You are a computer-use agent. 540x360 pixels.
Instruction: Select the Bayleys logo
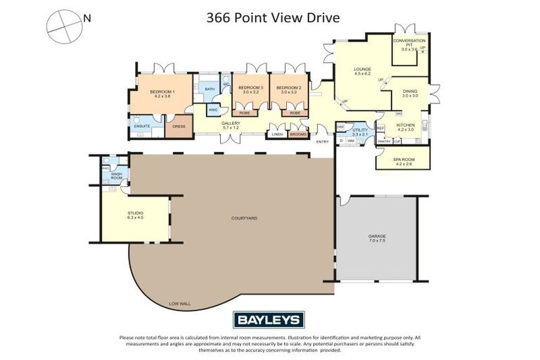[x=270, y=320]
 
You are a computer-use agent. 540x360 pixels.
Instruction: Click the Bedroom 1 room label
[x=162, y=93]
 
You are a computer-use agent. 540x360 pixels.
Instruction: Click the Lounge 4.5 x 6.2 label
[x=362, y=71]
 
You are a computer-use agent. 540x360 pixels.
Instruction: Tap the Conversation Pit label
[x=409, y=44]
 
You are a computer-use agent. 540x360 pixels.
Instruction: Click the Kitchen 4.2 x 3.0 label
[x=406, y=127]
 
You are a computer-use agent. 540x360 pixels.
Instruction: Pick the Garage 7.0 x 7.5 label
[x=378, y=238]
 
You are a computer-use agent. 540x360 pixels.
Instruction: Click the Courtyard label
[x=244, y=219]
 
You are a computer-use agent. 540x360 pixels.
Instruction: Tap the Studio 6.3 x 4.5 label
[x=135, y=215]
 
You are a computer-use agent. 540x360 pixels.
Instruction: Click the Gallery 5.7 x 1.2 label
[x=231, y=125]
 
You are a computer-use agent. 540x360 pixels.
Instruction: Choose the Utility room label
[x=359, y=131]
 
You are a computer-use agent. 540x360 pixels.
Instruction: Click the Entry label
[x=323, y=142]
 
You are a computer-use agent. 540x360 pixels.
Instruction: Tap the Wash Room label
[x=116, y=176]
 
